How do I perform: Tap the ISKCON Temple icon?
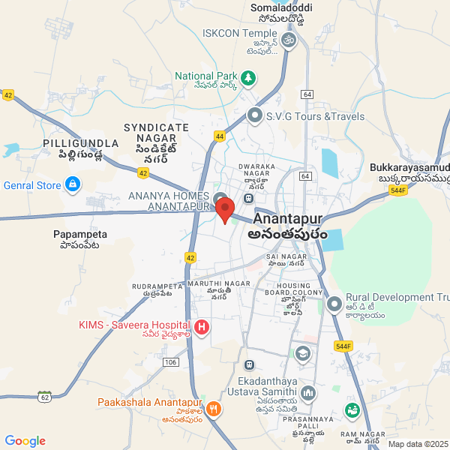click(289, 37)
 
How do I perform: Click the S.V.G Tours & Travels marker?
click(255, 116)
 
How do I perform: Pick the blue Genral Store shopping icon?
click(72, 184)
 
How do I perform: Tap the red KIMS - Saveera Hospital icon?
click(202, 327)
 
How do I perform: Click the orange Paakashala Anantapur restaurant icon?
click(214, 409)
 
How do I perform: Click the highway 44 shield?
click(220, 136)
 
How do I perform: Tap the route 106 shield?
click(171, 362)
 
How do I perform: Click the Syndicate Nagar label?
click(156, 133)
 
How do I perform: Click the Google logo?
click(25, 441)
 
